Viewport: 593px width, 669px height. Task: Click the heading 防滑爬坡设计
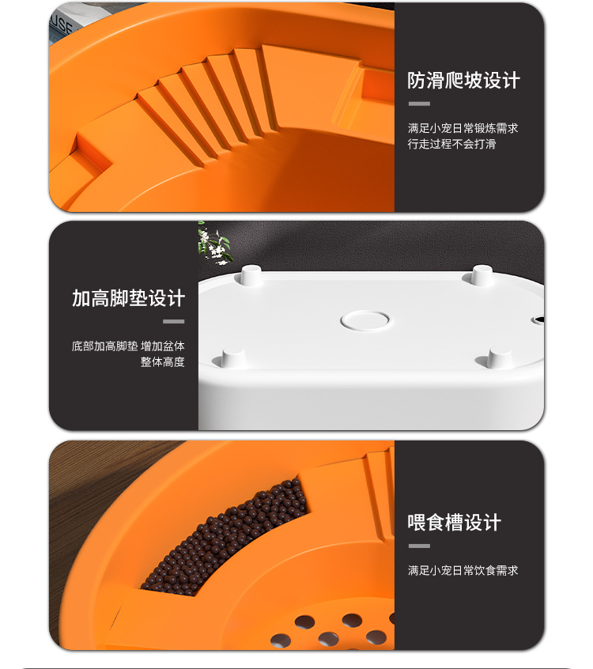[x=463, y=80]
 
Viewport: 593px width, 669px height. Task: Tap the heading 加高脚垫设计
[x=128, y=298]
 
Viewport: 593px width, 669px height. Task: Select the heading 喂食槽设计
[x=454, y=522]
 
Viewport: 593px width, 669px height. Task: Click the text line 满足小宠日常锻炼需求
[x=463, y=128]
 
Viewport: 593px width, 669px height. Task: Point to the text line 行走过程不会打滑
[x=451, y=144]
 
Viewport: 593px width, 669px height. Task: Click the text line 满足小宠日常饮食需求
[x=463, y=570]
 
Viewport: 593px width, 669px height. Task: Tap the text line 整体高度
[x=163, y=362]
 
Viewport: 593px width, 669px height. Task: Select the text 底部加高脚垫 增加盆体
[x=128, y=346]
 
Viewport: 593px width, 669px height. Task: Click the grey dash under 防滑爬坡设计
[x=419, y=104]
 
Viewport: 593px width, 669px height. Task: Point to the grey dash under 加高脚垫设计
[x=174, y=321]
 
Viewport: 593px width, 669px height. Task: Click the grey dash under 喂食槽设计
[x=419, y=546]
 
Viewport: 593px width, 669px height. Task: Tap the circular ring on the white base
[x=365, y=320]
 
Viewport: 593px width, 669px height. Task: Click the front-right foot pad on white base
[x=498, y=357]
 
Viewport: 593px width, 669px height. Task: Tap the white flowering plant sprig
[x=214, y=245]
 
